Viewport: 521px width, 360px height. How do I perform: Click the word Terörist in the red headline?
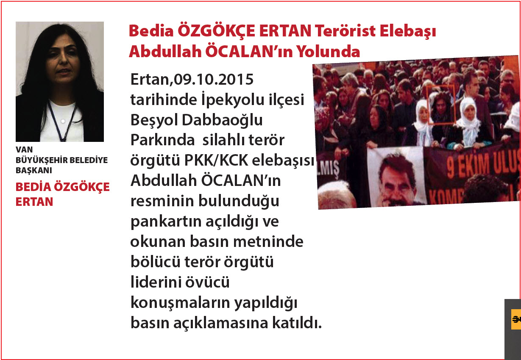(345, 31)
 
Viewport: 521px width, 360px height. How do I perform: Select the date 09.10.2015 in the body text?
(214, 79)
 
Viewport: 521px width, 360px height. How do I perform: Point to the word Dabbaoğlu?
(222, 120)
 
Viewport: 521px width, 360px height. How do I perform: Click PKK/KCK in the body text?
(216, 161)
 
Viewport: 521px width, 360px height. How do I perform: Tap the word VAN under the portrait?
(24, 150)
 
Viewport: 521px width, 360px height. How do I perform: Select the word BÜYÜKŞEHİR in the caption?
(42, 160)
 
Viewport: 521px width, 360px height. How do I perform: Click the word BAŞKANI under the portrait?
(34, 171)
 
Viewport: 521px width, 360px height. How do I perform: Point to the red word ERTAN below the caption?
(34, 202)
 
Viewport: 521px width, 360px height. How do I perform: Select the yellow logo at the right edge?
(516, 319)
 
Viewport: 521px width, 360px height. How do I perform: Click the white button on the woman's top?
(63, 121)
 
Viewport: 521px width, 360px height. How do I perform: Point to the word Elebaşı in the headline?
(408, 32)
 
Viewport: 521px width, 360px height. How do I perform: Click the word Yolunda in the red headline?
(328, 52)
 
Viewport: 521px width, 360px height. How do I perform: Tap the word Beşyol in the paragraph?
(154, 121)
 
